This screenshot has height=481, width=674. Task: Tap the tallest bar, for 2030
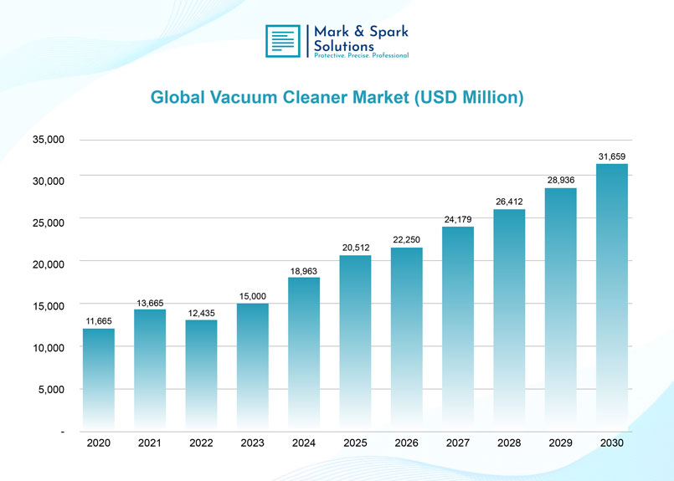tap(612, 297)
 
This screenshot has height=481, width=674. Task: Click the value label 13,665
tap(150, 302)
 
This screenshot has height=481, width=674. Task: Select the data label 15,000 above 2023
tap(253, 296)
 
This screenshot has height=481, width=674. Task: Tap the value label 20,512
tap(356, 247)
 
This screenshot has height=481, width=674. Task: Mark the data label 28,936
tap(561, 180)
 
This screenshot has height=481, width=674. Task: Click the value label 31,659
tap(612, 156)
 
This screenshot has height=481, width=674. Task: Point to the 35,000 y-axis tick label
tap(49, 140)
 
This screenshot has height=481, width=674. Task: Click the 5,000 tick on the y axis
tap(52, 389)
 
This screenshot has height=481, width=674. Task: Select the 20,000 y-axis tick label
tap(49, 264)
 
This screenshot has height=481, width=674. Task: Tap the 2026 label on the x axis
tap(407, 443)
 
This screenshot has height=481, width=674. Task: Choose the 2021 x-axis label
tap(150, 443)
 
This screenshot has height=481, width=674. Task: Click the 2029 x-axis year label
tap(561, 443)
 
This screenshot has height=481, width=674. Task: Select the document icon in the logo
tap(282, 41)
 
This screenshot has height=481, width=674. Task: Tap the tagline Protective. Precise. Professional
tap(361, 55)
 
